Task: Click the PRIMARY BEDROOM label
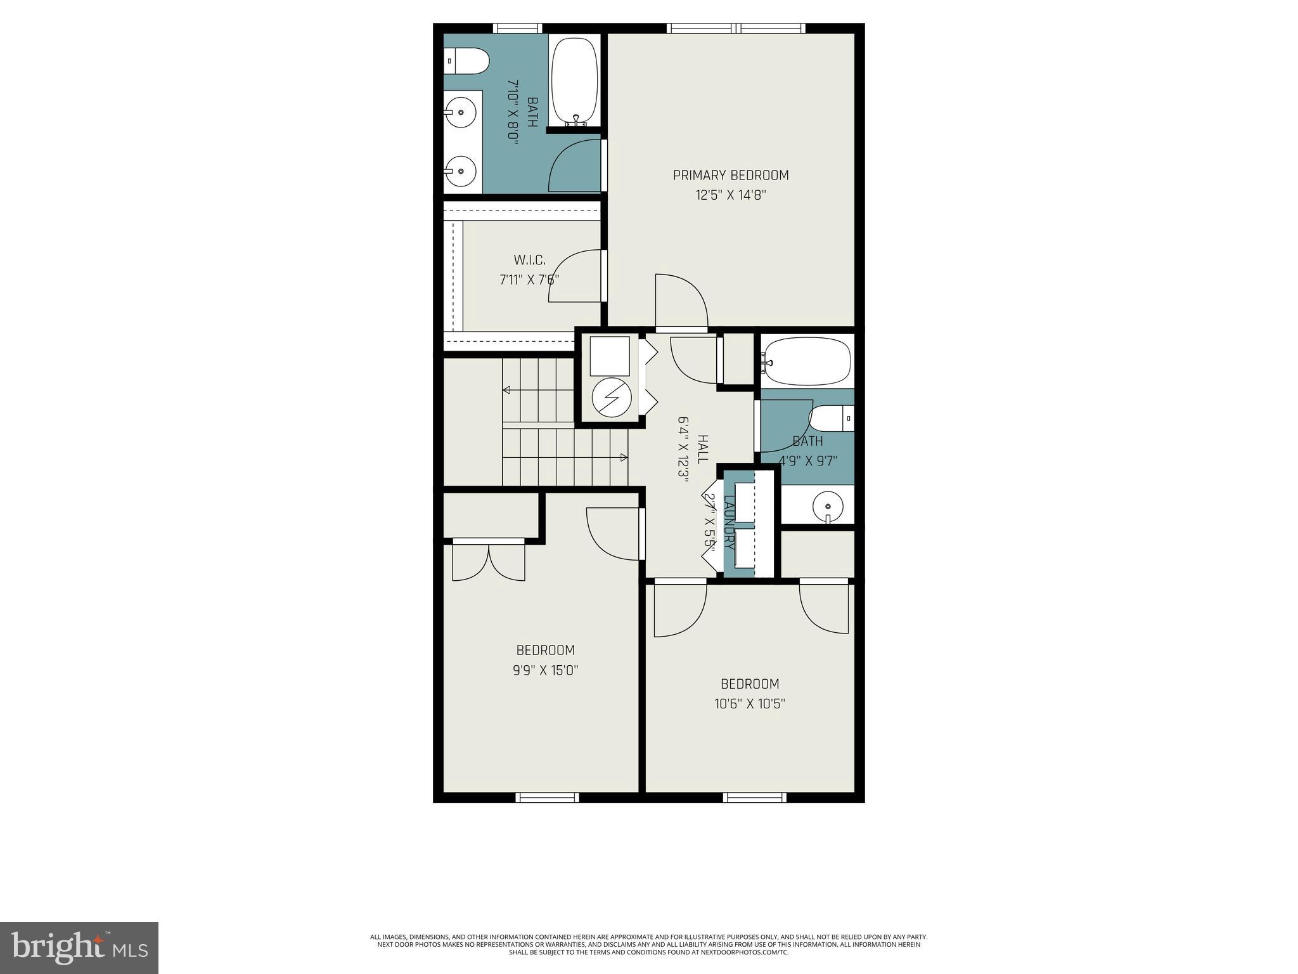(731, 175)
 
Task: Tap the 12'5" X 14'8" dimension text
(731, 195)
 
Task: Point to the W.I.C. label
(529, 260)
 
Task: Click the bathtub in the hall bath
(806, 361)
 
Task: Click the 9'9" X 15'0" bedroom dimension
(546, 670)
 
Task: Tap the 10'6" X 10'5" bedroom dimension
(750, 703)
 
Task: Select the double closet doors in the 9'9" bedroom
(489, 562)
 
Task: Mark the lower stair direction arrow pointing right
(623, 457)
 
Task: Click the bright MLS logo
(79, 947)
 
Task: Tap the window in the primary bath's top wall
(517, 28)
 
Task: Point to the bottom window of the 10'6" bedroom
(755, 798)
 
